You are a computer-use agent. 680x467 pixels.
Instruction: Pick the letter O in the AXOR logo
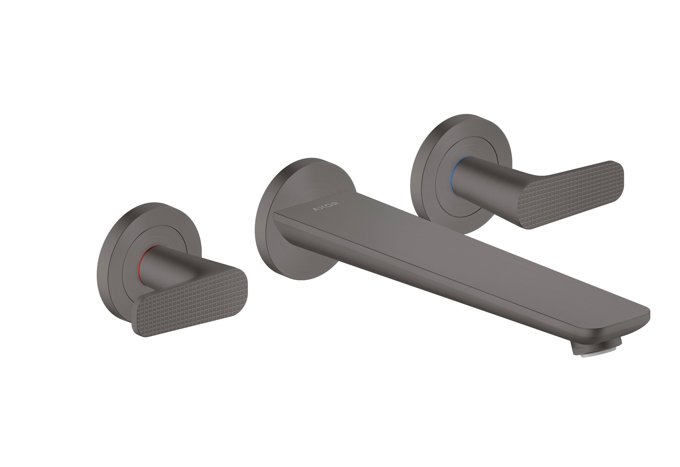point(329,205)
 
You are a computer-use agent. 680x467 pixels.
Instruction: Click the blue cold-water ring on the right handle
point(454,176)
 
